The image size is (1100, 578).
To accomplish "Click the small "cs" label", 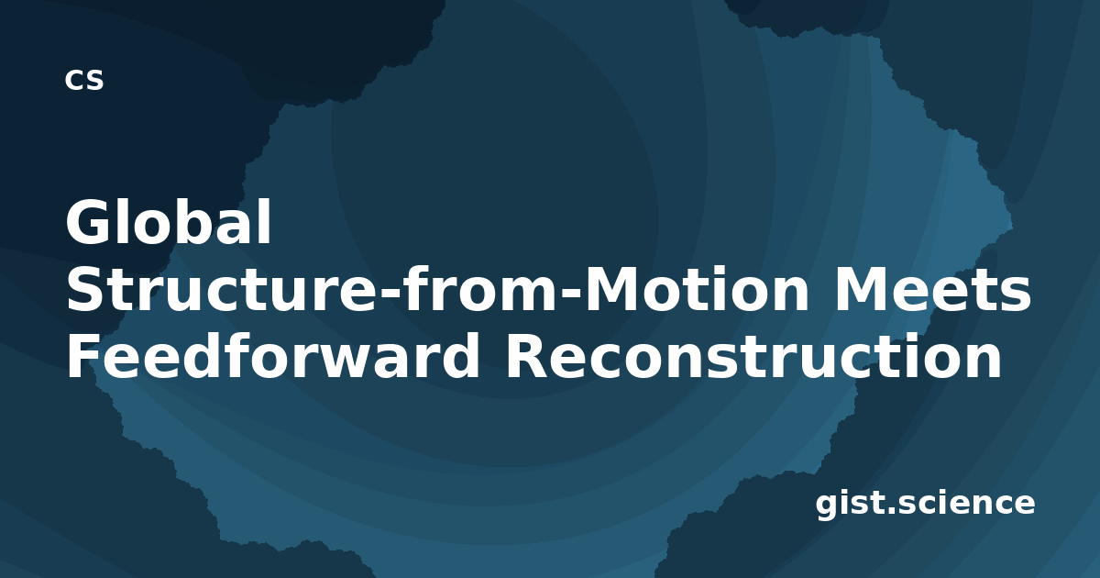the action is pos(84,80).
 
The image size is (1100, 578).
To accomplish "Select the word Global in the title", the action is pos(169,222).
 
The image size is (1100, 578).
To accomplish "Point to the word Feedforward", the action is pos(272,355).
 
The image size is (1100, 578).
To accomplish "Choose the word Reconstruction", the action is pos(753,356).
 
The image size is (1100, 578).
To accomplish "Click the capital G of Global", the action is pos(89,222).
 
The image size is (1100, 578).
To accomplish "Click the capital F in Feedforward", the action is pos(84,356).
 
